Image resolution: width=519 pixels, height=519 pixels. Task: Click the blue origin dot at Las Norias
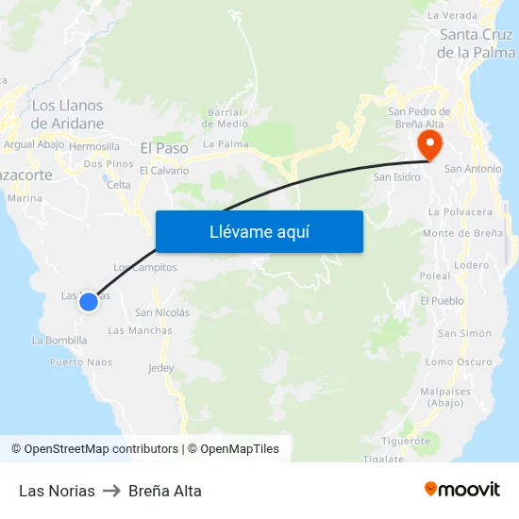point(88,302)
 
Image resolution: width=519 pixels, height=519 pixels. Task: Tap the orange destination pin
point(428,144)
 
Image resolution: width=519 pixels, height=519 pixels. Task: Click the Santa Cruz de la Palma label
point(476,43)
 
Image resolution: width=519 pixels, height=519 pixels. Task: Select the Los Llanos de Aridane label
point(67,114)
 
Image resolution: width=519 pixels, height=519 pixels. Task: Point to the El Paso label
point(164,148)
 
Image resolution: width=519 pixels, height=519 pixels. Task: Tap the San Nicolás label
point(162,312)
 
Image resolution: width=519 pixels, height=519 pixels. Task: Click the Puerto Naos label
point(81,361)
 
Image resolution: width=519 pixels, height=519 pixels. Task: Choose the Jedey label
point(161,368)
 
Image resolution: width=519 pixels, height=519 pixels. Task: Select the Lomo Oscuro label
point(459,361)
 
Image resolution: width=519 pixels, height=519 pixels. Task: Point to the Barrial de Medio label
point(226,117)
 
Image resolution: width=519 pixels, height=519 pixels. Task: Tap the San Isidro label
point(395,176)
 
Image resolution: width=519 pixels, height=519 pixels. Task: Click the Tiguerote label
point(407,441)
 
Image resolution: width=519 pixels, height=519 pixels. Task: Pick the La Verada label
point(452,15)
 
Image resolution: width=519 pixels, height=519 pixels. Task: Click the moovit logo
point(461,490)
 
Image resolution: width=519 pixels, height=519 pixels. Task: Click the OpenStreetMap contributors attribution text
point(101,449)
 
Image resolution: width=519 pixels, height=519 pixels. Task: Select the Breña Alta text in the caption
point(165,491)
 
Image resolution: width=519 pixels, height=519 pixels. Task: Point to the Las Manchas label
point(140,330)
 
